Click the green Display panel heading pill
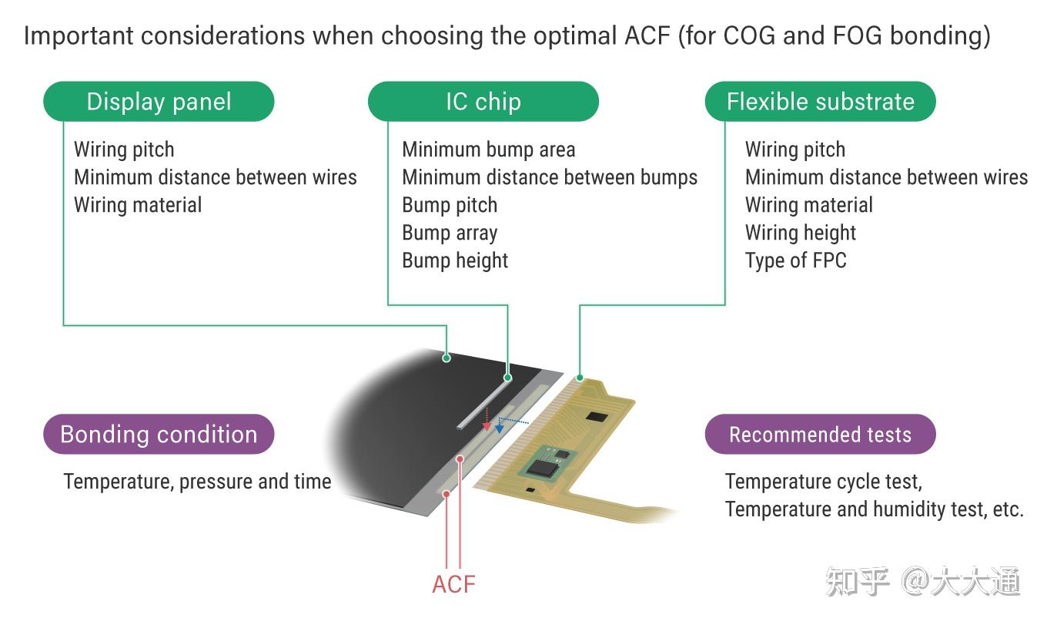159,102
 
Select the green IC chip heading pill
483,102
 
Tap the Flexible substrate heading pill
820,102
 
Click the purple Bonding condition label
159,435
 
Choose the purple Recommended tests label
820,435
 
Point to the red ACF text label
453,584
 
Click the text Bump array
450,233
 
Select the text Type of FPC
795,260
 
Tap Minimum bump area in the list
488,150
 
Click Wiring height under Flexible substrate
800,233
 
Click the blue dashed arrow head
500,428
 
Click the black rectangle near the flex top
597,416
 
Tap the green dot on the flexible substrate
580,378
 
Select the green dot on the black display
447,358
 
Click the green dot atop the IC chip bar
507,378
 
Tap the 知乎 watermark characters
857,582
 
